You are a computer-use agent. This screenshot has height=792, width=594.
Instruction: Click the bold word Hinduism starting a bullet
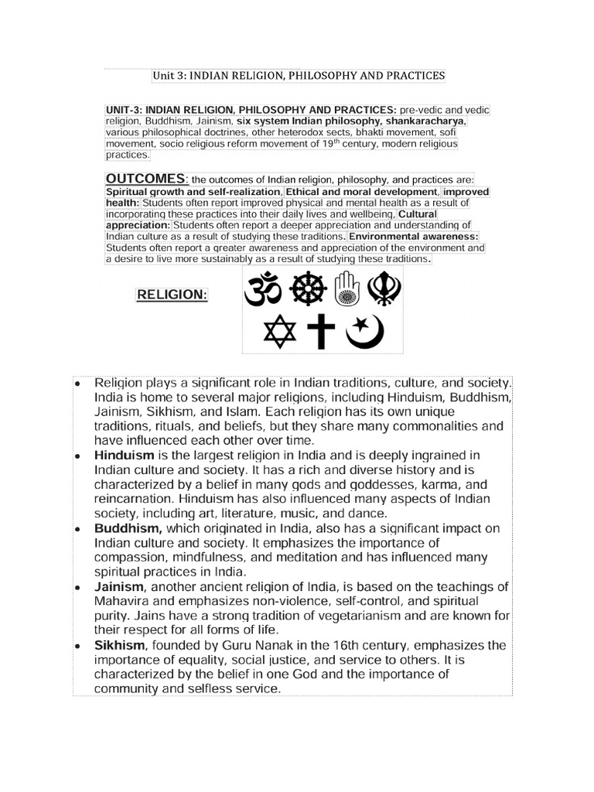click(125, 456)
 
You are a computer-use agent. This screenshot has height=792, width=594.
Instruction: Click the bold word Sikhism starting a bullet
click(121, 645)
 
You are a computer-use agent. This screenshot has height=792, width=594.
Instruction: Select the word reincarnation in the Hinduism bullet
click(138, 499)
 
